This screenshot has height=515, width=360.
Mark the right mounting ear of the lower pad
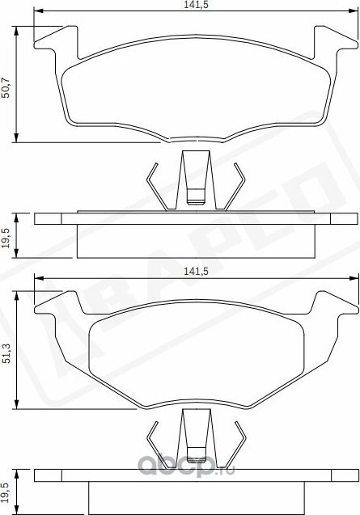coord(328,306)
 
